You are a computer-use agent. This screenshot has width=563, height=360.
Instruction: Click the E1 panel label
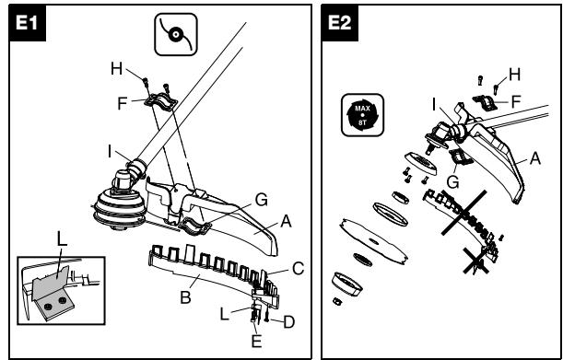[27, 23]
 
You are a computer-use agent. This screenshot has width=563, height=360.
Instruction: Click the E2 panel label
[339, 23]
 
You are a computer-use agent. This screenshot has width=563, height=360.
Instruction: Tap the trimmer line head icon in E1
[176, 34]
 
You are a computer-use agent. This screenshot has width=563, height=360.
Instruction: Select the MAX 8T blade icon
[362, 115]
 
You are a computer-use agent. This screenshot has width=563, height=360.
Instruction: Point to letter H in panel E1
[116, 68]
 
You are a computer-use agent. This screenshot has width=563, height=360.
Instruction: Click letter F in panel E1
[123, 103]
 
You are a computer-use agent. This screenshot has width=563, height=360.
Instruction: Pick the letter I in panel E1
[110, 152]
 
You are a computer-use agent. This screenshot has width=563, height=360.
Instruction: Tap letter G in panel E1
[261, 200]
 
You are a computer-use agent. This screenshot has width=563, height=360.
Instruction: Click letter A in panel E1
[286, 222]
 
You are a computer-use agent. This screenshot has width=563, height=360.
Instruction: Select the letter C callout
[298, 269]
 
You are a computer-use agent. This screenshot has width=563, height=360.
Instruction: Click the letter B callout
[185, 297]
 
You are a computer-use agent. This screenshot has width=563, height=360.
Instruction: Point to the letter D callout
[288, 322]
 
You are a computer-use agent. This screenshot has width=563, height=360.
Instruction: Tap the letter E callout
[256, 341]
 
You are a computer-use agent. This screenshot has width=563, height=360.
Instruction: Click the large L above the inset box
[62, 238]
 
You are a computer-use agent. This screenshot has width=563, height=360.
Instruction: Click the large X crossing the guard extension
[463, 213]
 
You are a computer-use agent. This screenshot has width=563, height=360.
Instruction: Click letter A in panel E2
[535, 158]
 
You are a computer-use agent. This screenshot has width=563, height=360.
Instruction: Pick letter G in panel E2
[453, 182]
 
